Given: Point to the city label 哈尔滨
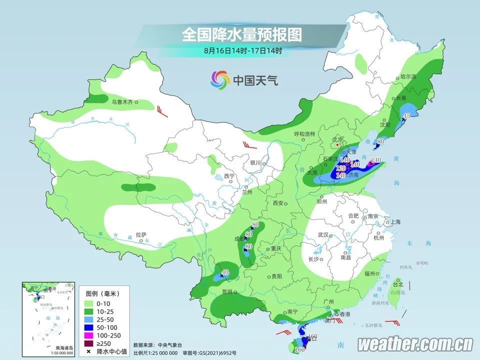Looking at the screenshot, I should click(408, 76).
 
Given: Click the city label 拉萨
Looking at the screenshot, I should click(140, 234).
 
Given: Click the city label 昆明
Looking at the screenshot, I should click(227, 291).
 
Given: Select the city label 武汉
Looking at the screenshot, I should click(322, 234).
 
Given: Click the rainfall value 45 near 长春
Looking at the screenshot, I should click(407, 115).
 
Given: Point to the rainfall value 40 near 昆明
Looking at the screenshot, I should click(225, 272).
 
